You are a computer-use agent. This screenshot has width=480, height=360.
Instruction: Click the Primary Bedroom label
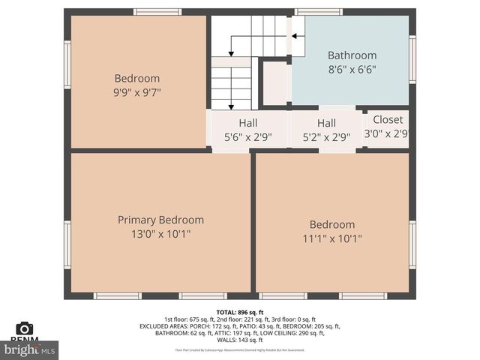[x=160, y=220]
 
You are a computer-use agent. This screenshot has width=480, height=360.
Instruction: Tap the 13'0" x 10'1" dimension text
[x=160, y=234]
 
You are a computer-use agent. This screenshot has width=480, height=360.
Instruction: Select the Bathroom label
[x=352, y=55]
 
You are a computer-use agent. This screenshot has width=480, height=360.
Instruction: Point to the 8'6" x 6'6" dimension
[x=352, y=70]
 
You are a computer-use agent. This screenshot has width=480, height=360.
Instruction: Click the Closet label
[x=388, y=119]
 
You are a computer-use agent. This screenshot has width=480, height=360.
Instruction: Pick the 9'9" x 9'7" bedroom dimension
[x=137, y=92]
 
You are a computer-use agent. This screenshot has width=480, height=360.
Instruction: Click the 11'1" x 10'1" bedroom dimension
[x=332, y=239]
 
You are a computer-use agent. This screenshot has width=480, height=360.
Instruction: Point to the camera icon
[x=25, y=328]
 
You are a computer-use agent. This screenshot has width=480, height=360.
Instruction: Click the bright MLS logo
[x=29, y=349]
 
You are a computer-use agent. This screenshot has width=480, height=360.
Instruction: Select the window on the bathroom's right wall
[x=412, y=60]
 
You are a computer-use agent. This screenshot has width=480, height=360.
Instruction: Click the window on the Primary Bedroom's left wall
[x=67, y=244]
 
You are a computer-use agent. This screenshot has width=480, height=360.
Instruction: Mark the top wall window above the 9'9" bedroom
[x=157, y=12]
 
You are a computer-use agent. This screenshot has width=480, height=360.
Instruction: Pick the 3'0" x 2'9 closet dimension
[x=386, y=133]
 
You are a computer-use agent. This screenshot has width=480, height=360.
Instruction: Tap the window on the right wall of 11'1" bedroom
[x=412, y=244]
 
